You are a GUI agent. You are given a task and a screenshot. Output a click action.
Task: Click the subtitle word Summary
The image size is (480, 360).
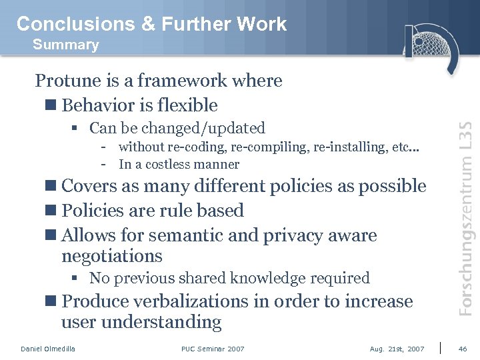pos(65,45)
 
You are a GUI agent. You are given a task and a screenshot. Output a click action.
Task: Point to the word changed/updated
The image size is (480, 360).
pos(210,128)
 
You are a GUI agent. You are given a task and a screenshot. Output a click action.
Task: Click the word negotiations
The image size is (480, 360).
pos(112,256)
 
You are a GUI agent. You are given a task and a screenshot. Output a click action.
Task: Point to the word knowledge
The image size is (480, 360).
pos(287,278)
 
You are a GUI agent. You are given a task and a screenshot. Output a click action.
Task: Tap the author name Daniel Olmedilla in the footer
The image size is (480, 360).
pos(48,349)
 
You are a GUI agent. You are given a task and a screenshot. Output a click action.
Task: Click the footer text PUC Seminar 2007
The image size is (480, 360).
pos(213,349)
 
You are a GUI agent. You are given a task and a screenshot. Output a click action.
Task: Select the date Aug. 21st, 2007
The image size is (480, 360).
pos(397,349)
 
